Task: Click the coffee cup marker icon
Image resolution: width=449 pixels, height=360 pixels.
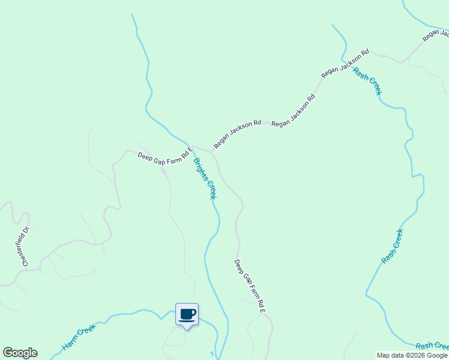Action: (x=187, y=314)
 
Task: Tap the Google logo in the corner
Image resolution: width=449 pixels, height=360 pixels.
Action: (x=20, y=353)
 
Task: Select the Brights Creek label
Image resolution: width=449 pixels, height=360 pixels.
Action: (x=204, y=179)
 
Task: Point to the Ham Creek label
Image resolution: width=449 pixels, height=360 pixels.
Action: (x=79, y=338)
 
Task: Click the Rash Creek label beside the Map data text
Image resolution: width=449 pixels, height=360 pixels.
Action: (x=432, y=346)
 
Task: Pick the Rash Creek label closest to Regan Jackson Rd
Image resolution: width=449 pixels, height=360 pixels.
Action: (x=367, y=81)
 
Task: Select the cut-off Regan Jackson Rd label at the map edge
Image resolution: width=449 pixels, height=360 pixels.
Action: (x=435, y=35)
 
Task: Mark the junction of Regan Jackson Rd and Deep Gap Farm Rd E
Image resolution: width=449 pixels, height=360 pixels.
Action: (x=212, y=151)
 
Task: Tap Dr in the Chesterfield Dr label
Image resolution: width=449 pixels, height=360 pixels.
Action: (x=26, y=230)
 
